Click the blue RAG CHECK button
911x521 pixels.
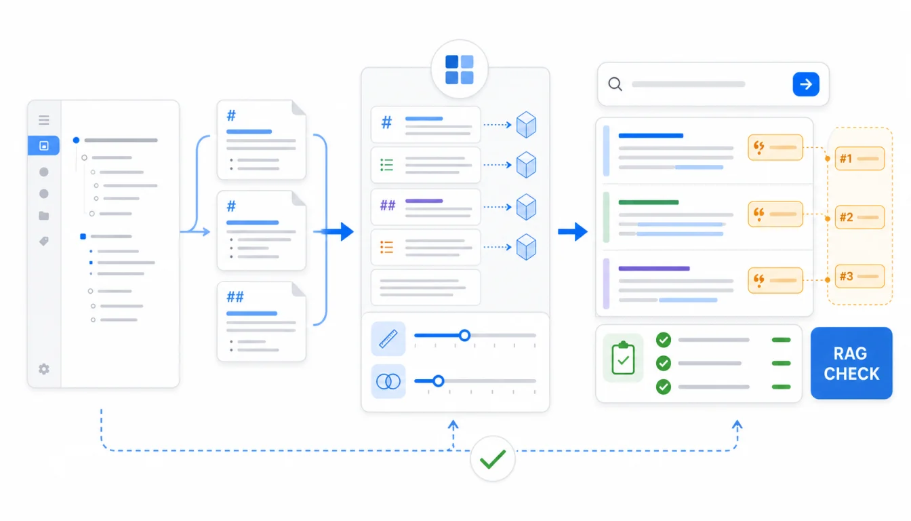851,363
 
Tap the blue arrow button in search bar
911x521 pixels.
806,84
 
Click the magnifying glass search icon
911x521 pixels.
615,84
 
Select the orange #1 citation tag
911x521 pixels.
859,158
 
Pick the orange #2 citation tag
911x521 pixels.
859,217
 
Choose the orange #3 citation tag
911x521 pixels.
859,276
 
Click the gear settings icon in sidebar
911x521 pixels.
44,369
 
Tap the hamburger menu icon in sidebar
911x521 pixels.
44,119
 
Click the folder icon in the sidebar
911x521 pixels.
44,216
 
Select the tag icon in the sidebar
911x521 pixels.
44,241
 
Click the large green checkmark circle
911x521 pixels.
493,459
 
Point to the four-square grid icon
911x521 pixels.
460,70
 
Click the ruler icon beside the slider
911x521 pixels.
388,339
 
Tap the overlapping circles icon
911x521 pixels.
388,381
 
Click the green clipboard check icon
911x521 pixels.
623,358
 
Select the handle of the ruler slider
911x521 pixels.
465,335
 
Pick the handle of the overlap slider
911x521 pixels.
438,381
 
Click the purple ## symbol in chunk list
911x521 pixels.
388,206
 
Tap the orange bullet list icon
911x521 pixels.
387,247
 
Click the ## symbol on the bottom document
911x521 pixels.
235,297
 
